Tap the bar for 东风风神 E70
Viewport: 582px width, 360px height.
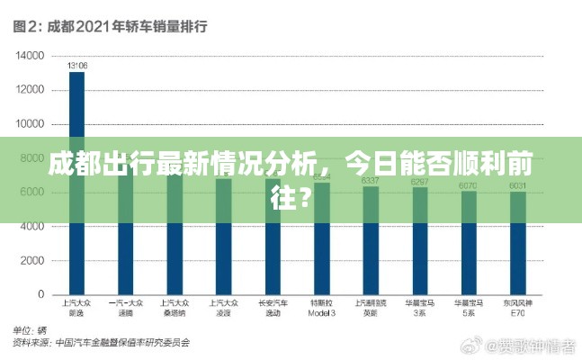(x=517, y=243)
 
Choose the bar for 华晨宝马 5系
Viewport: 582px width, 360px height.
(x=469, y=243)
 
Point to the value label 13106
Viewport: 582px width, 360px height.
(x=77, y=65)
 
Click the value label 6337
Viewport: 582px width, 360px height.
(x=370, y=181)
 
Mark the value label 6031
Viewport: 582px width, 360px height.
(x=517, y=185)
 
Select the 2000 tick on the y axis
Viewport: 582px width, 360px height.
(x=33, y=261)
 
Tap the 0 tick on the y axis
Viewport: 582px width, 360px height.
(x=41, y=295)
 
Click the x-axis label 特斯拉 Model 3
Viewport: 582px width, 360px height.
(x=321, y=309)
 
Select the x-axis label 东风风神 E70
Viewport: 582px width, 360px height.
(x=517, y=309)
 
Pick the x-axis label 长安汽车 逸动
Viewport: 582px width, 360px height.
(x=273, y=309)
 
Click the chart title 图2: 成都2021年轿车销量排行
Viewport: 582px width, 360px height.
(x=111, y=26)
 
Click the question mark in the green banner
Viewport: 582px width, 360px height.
(x=306, y=193)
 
